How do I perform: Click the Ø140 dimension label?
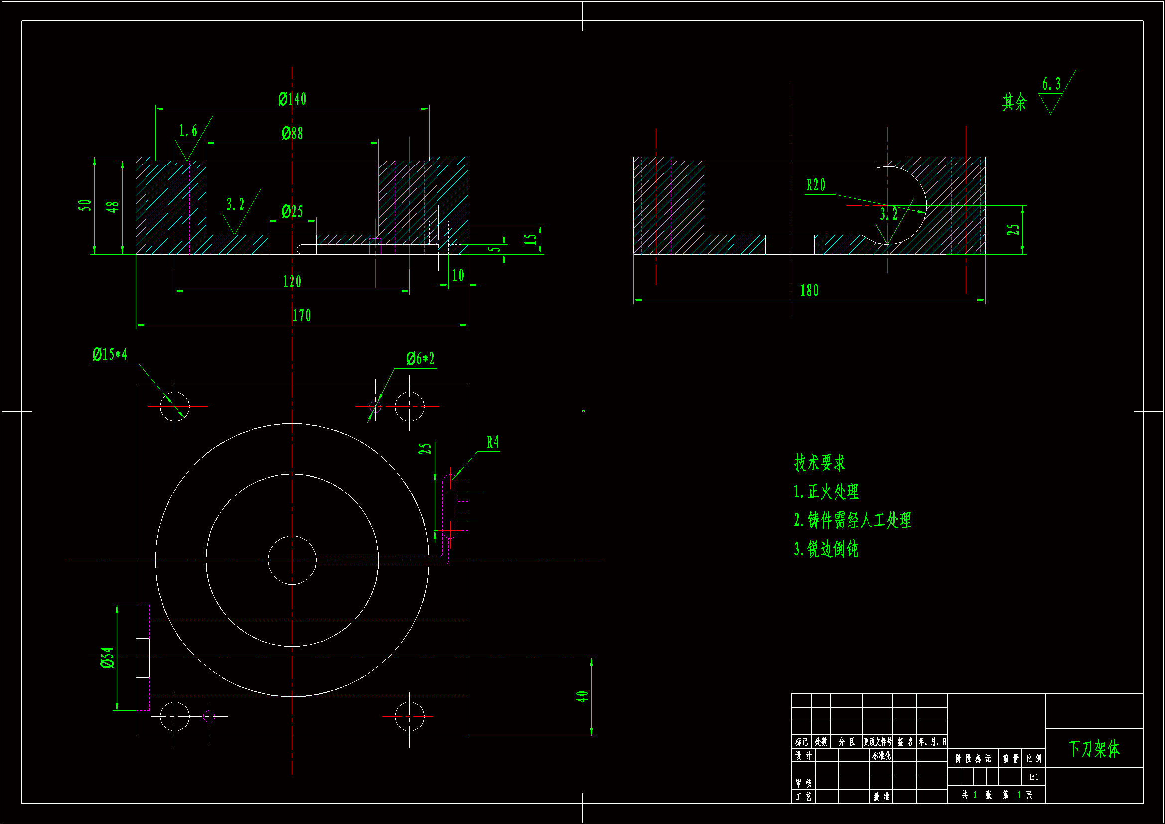coord(292,99)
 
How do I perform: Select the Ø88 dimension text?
coord(292,133)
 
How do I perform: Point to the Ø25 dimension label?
coord(292,211)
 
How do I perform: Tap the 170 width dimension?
coord(302,315)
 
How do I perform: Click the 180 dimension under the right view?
coord(809,291)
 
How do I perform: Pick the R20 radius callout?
coord(816,185)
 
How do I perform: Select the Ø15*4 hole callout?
coord(110,354)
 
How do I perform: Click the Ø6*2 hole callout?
coord(420,359)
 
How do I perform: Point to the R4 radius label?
coord(493,442)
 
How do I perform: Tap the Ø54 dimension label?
coord(107,658)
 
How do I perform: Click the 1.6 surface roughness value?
coord(188,131)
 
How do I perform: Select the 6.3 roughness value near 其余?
coord(1051,84)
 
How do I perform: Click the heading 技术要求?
coord(820,463)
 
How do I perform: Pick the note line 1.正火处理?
coord(826,492)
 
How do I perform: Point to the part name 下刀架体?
coord(1094,749)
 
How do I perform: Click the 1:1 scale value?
coord(1033,777)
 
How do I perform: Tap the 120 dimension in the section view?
coord(292,281)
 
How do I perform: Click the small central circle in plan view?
coord(292,560)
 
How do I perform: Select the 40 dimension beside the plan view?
coord(582,696)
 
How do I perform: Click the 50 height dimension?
coord(85,205)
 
